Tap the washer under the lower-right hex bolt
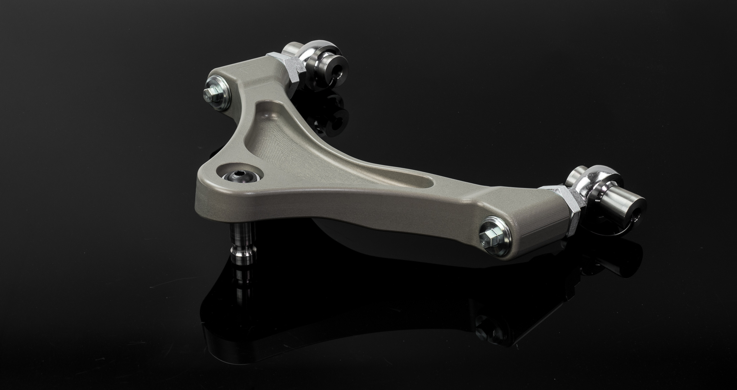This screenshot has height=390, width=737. coord(497,236)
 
